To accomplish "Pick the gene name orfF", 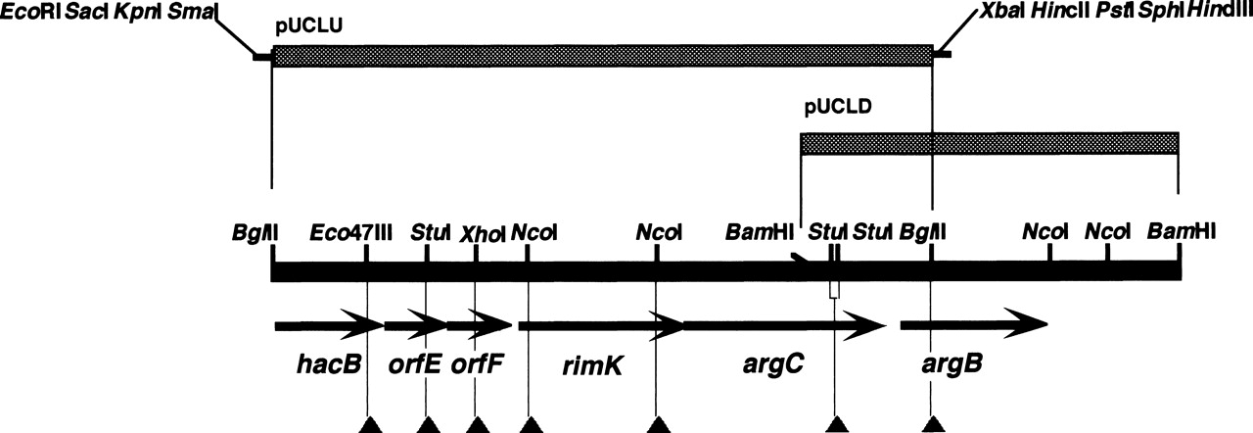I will (x=478, y=365).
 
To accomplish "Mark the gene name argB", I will (x=952, y=365).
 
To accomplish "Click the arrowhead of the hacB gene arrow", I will (x=366, y=325).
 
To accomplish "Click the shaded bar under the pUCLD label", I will (x=989, y=143).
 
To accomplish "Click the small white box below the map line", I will (x=834, y=289).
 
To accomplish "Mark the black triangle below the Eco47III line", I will (x=368, y=424).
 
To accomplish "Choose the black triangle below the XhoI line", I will (x=477, y=424).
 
